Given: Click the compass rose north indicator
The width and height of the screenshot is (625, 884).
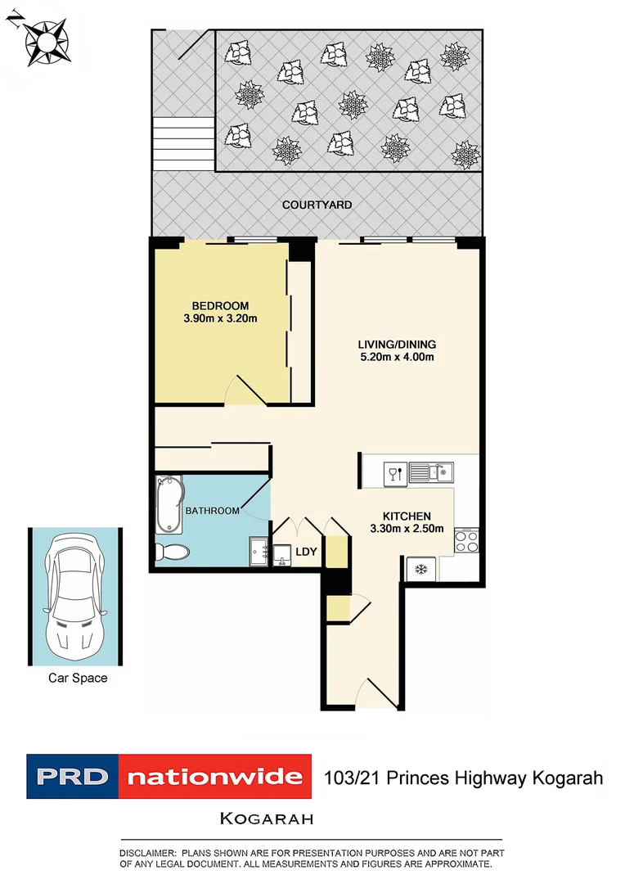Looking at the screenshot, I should (40, 39).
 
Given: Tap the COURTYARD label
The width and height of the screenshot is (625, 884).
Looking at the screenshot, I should (317, 205).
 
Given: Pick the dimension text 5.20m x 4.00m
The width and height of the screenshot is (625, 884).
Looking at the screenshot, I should (397, 357).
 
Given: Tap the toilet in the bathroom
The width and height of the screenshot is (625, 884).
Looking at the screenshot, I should (172, 552).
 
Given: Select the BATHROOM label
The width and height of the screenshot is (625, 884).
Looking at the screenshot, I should (213, 511).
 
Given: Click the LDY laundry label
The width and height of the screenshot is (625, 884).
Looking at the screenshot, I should (306, 552).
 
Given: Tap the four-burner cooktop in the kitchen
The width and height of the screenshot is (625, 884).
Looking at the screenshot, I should (466, 541).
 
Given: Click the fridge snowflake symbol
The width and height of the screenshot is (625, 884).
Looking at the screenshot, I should (421, 568).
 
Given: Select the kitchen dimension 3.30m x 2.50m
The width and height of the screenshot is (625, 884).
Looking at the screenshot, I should (407, 529).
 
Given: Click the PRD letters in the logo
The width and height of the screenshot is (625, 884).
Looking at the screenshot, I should (70, 775).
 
